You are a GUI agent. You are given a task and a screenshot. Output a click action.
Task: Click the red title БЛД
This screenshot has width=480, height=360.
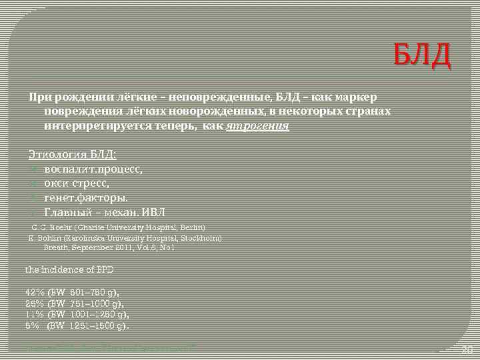[421, 56]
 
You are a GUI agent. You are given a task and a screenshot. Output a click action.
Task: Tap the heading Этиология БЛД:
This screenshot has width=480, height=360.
[72, 154]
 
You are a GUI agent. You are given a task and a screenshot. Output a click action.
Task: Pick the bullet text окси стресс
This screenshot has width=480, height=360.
[77, 183]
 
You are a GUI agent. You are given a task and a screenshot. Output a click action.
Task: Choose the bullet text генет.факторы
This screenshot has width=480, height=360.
[86, 197]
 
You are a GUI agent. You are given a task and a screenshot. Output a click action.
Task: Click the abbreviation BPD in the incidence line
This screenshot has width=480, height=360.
[104, 270]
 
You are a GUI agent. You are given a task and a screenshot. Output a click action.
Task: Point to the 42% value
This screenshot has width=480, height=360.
[34, 292]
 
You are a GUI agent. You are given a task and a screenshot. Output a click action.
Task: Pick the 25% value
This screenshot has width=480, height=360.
[34, 303]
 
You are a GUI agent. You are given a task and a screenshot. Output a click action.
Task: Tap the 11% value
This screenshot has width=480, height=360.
[34, 313]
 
